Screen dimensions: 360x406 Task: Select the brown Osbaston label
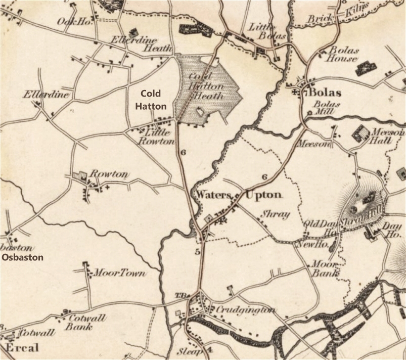tap(23, 257)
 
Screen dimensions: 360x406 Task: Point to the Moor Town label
tap(120, 273)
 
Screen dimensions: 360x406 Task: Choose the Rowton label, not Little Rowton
tap(109, 174)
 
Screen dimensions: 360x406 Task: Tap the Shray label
tap(275, 214)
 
